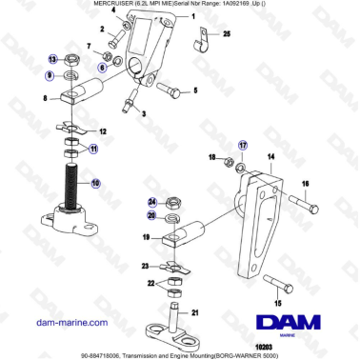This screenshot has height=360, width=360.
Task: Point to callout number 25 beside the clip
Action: pos(227,33)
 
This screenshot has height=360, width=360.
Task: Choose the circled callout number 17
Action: pos(243,145)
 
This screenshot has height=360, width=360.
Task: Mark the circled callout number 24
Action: pos(152,202)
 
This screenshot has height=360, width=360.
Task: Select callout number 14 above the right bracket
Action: pos(270,154)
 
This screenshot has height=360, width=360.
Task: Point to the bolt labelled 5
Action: pos(173,90)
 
